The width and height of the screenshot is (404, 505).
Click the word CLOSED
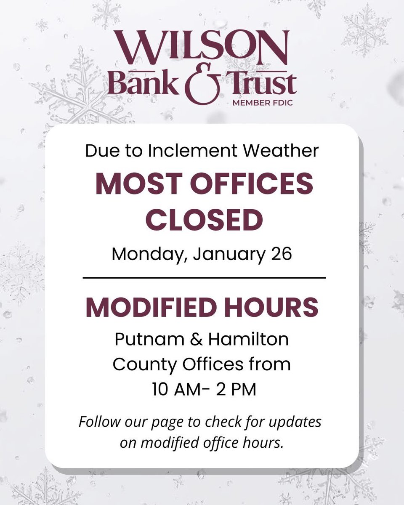[202, 221]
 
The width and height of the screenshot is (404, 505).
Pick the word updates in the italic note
[297, 422]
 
